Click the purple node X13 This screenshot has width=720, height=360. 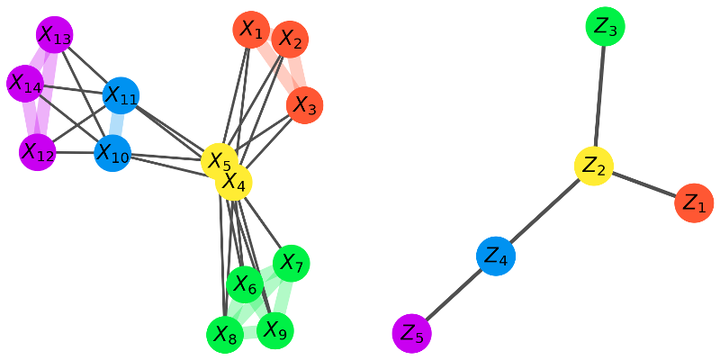pos(55,36)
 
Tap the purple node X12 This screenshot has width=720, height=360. pos(37,152)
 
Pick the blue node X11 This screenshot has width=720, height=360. pos(121,94)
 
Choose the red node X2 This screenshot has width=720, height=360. pos(290,39)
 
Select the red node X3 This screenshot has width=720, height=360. pos(305,106)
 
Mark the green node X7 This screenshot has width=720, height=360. pos(291,262)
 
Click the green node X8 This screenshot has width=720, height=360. pos(225,336)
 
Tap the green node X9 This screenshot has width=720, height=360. pos(275,330)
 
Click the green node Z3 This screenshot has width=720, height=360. pos(605,27)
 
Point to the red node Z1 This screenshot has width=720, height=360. pos(694,203)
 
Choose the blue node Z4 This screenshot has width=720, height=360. pos(496,256)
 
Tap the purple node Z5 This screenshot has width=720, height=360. pos(412,332)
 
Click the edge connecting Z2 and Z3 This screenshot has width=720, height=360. pos(599,97)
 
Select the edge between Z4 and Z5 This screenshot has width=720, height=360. pos(454,294)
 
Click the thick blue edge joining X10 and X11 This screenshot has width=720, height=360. pos(117,123)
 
